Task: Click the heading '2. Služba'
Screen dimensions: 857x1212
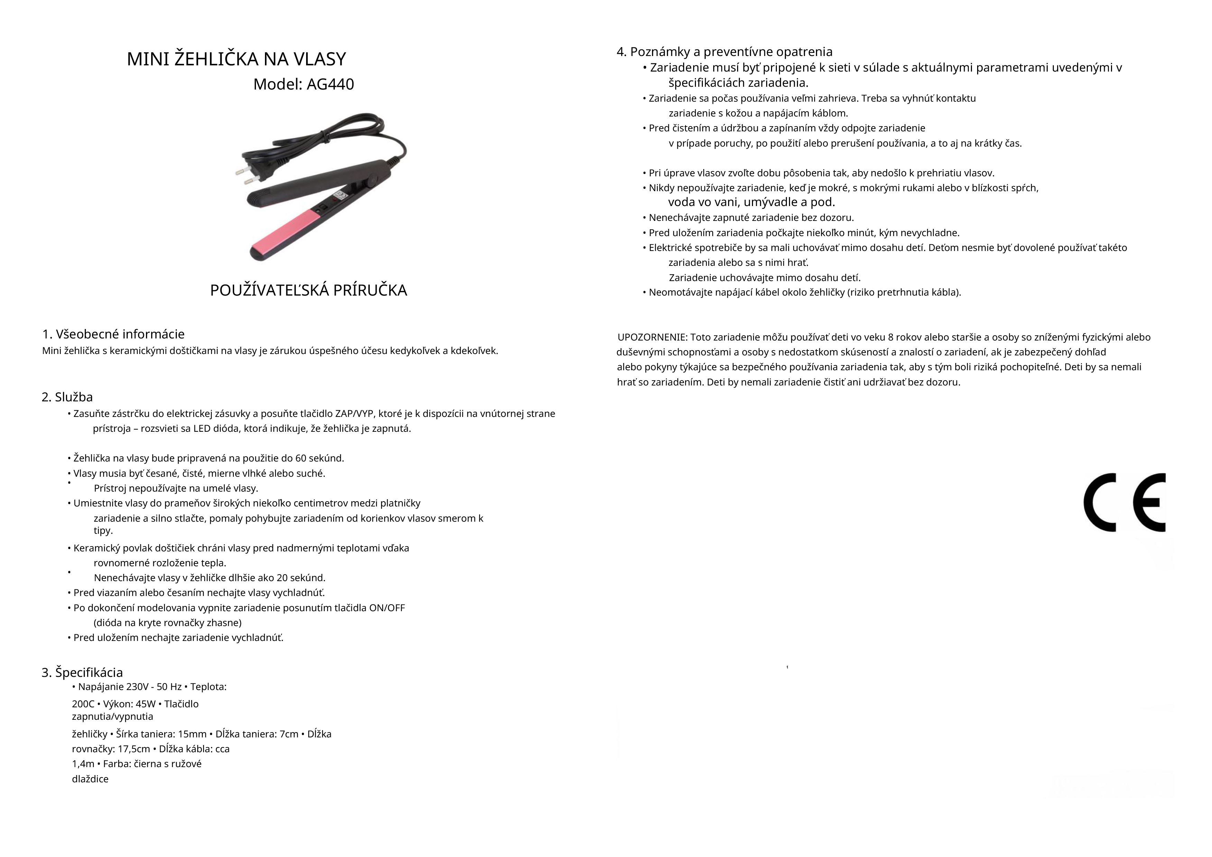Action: pyautogui.click(x=67, y=397)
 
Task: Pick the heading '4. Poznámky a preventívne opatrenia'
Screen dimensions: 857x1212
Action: pyautogui.click(x=724, y=52)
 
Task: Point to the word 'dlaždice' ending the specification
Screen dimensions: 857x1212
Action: pyautogui.click(x=90, y=780)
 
